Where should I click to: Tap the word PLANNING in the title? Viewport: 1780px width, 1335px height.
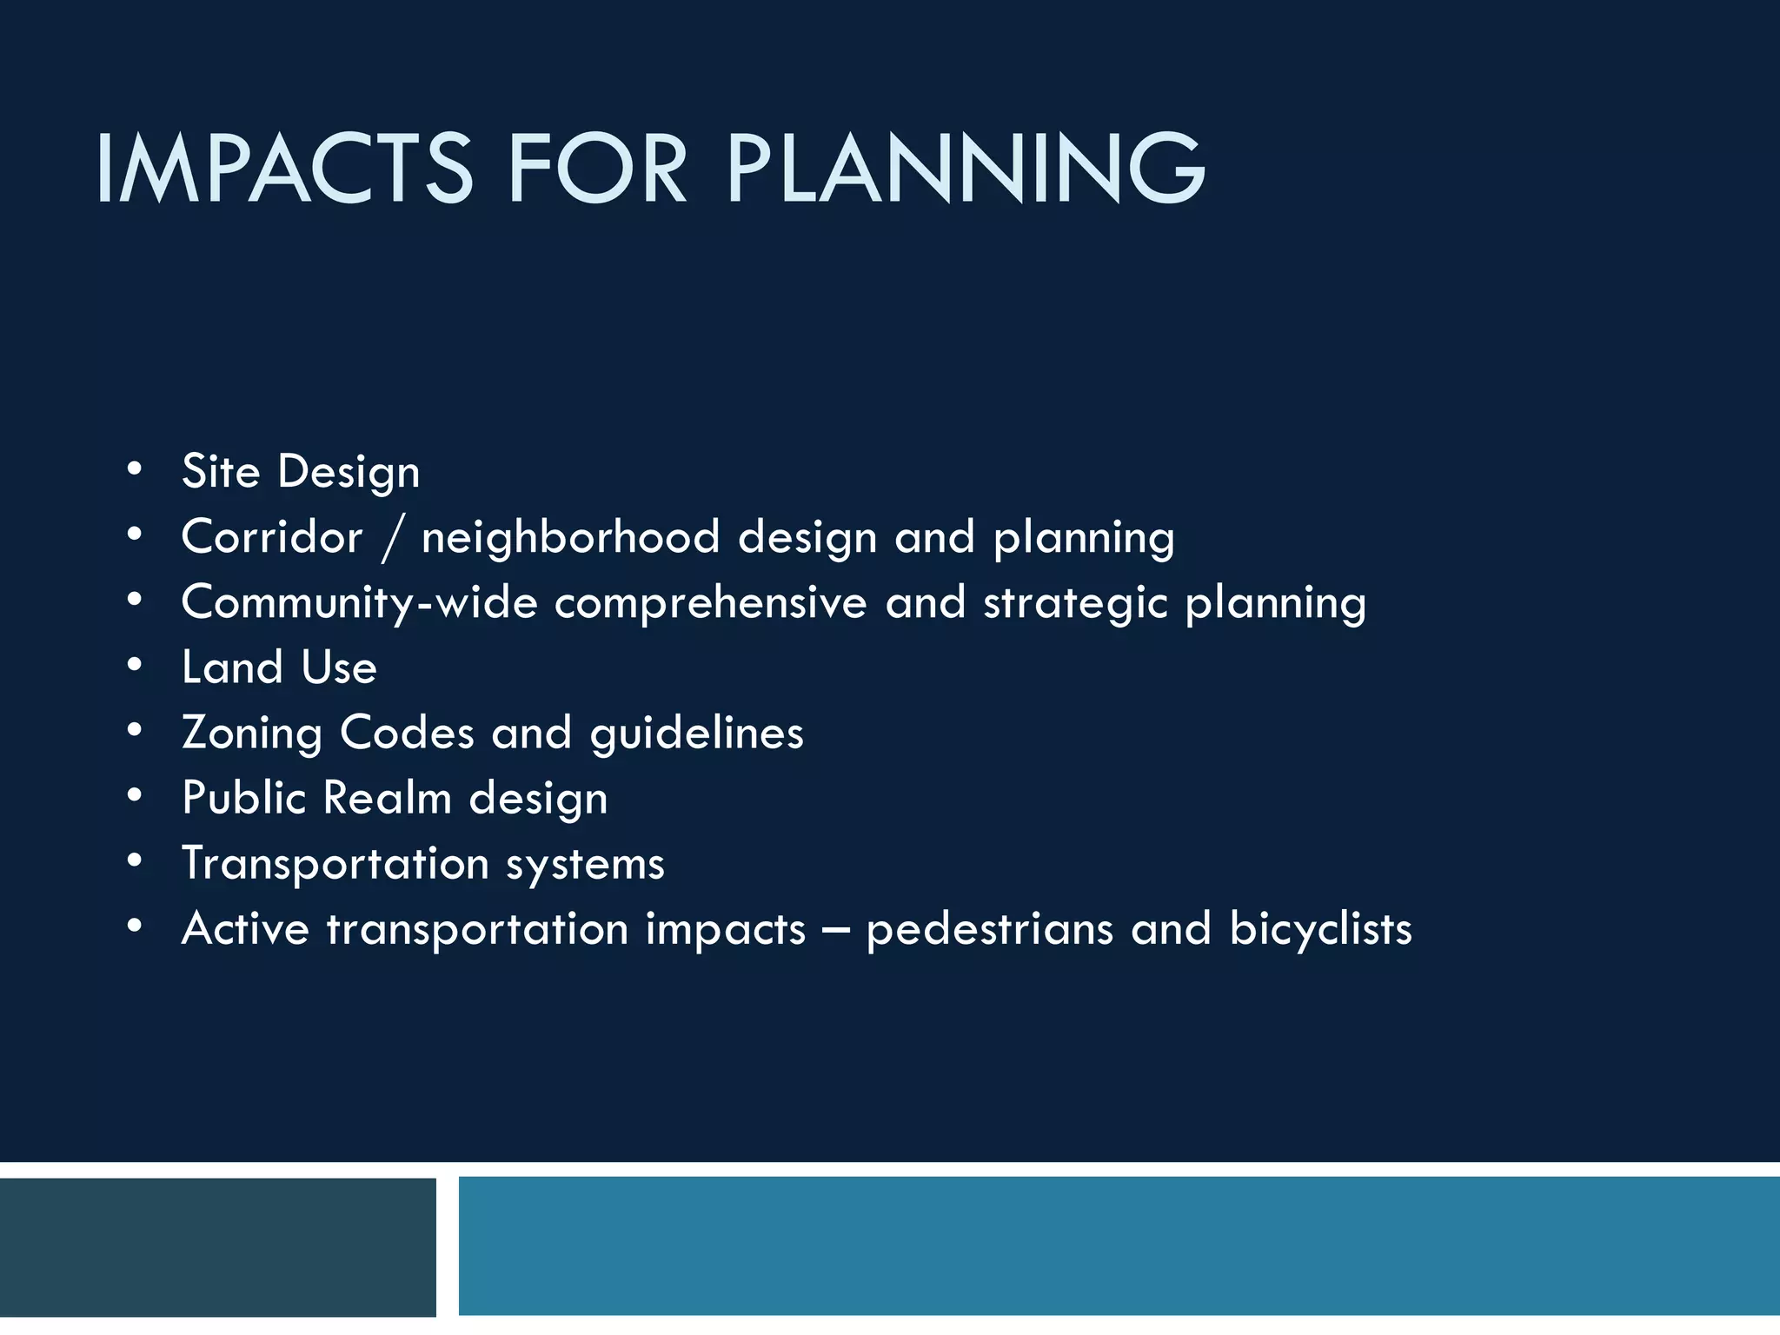coord(966,169)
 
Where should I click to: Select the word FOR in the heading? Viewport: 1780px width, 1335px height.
coord(597,169)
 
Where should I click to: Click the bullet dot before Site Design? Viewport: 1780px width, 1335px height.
coord(134,469)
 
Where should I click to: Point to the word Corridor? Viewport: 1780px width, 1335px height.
coord(271,536)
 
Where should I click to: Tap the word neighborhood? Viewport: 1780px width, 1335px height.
coord(570,536)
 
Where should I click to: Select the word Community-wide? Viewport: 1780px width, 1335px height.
coord(359,603)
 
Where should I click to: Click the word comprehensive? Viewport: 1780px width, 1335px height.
coord(710,602)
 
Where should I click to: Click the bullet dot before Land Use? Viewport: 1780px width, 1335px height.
coord(134,666)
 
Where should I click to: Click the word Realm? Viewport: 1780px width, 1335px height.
coord(388,798)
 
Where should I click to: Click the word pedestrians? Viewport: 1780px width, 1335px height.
coord(990,930)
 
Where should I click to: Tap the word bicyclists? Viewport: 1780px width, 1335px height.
coord(1320,930)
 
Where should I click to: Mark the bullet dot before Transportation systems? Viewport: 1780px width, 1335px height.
coord(134,861)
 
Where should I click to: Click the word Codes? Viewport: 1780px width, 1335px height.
coord(407,733)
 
